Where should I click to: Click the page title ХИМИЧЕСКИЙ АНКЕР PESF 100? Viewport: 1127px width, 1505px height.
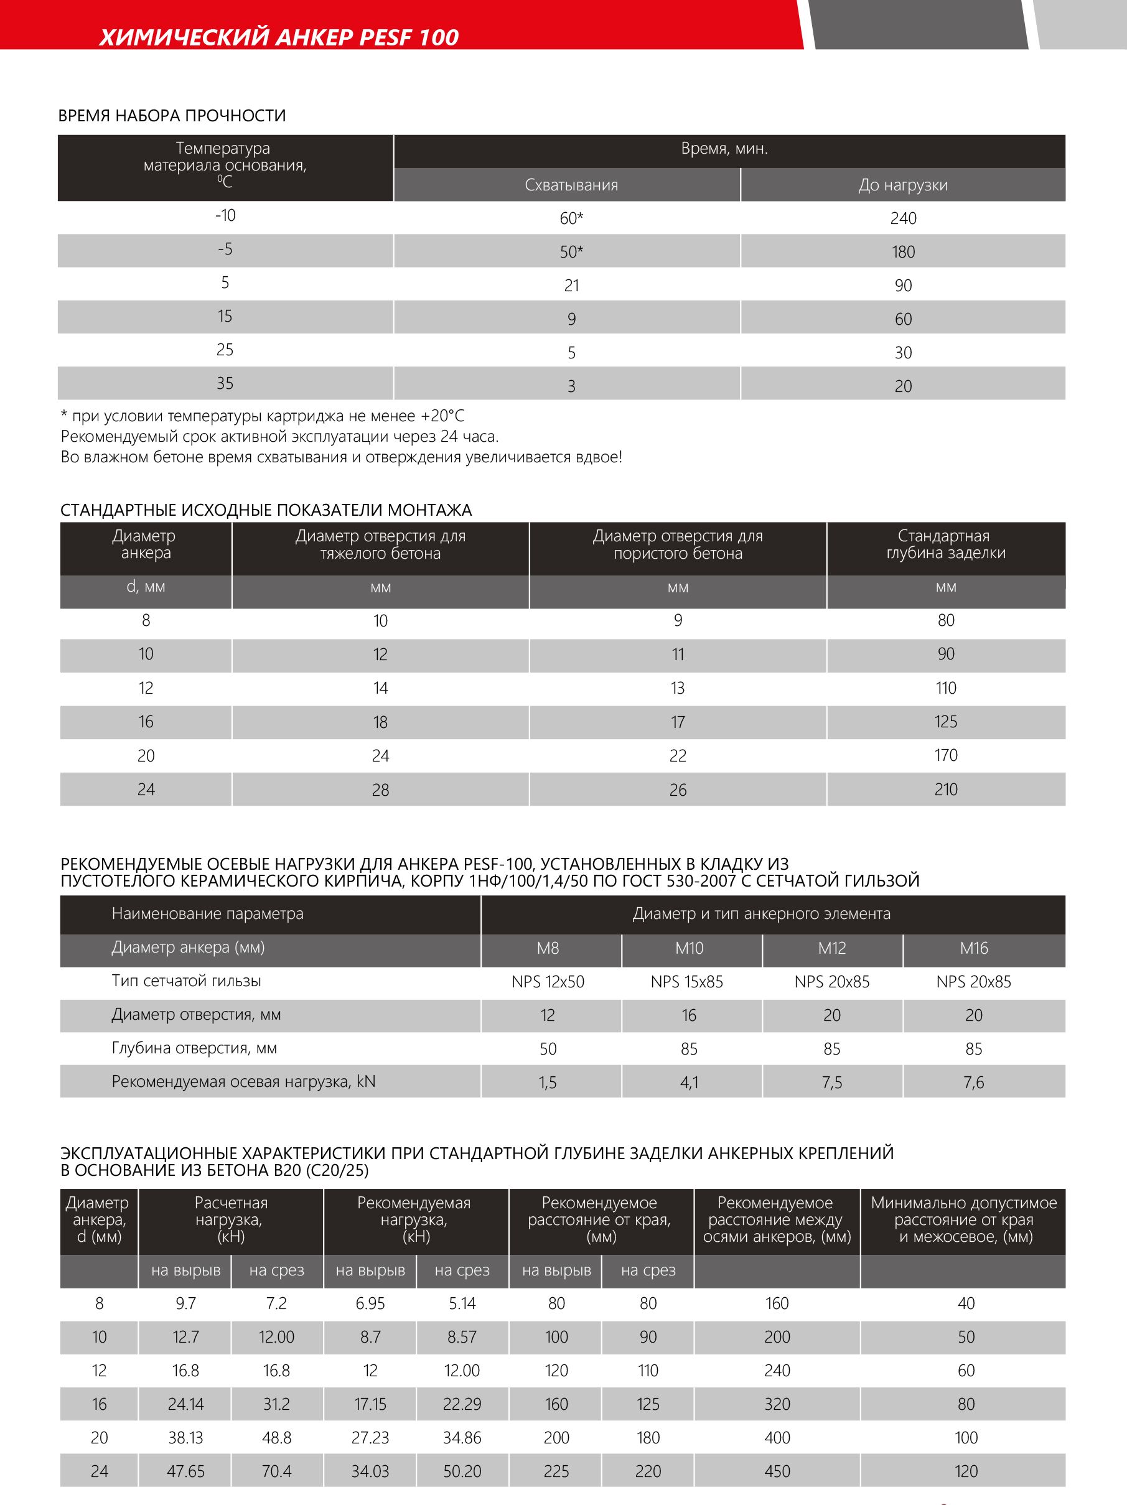coord(279,37)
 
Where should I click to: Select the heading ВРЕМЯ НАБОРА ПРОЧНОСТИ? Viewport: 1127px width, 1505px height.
coord(172,116)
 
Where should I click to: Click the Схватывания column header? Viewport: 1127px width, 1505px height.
coord(571,185)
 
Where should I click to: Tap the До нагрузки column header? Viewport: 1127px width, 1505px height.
coord(902,185)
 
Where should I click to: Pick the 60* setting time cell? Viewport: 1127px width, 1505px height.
coord(571,218)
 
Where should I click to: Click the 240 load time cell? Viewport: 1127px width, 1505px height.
coord(902,218)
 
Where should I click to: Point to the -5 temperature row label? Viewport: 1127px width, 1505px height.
coord(225,249)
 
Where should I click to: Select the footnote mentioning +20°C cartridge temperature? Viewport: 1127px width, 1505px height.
coord(263,416)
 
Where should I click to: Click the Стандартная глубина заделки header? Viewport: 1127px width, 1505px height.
coord(945,544)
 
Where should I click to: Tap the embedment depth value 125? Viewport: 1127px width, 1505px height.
coord(945,722)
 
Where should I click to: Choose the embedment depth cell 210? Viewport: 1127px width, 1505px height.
coord(945,790)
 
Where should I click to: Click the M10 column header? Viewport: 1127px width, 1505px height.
coord(689,948)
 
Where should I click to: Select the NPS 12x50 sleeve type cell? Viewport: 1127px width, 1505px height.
coord(548,982)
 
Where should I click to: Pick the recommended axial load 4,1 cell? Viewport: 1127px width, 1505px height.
coord(689,1083)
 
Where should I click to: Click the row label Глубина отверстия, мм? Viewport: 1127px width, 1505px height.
coord(194,1048)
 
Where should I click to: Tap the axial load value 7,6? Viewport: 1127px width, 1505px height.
coord(973,1083)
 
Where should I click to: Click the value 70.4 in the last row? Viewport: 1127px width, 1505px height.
coord(276,1471)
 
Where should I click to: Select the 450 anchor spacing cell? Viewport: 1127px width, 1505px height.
coord(777,1471)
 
